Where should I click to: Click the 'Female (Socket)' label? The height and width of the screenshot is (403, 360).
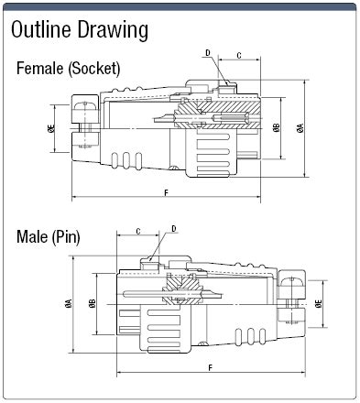tap(68, 69)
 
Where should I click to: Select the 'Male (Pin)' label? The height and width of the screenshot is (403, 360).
tap(49, 237)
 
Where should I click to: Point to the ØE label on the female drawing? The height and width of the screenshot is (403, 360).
tap(52, 130)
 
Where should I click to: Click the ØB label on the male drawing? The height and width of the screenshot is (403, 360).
tap(93, 303)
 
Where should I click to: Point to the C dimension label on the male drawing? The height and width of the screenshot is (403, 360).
tap(137, 231)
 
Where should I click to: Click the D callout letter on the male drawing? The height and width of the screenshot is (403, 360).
tap(173, 228)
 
